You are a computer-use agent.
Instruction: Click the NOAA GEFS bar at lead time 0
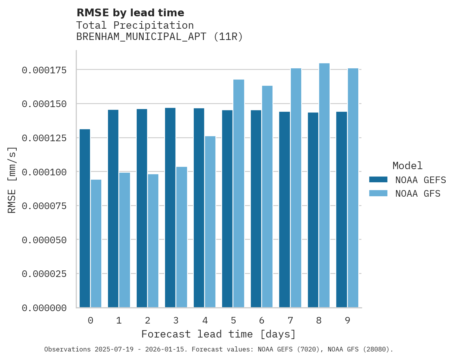85,218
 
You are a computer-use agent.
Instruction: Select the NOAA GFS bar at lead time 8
324,185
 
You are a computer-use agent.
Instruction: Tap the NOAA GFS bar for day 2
153,241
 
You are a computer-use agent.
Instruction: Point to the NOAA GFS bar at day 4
210,222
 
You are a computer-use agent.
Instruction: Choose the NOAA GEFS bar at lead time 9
342,209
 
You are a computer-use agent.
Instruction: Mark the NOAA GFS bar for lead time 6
267,196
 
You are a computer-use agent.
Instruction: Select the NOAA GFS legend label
418,193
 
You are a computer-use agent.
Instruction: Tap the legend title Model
407,166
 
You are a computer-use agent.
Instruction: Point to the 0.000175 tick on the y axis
44,70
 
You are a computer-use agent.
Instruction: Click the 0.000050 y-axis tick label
44,240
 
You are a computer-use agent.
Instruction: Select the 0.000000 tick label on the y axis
44,308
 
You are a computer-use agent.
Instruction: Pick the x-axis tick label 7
290,320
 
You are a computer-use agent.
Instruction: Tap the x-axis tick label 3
176,320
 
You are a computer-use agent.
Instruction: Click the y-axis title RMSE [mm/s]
12,180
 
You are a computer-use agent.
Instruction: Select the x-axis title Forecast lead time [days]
219,334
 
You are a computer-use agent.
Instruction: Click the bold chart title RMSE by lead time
130,13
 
